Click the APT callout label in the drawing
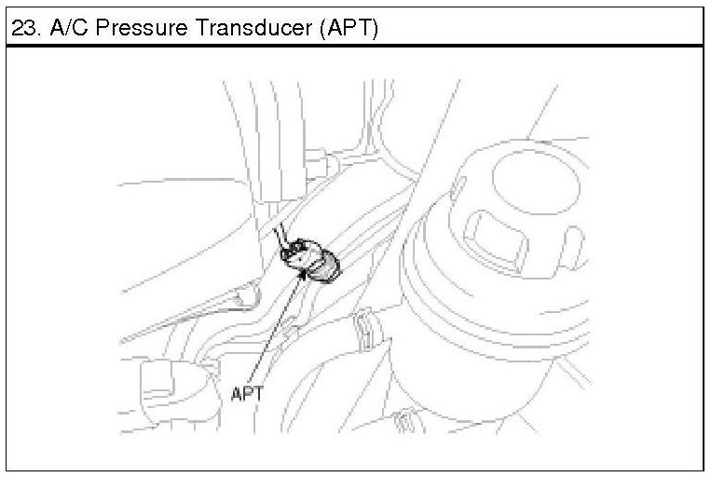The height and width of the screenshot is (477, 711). [x=247, y=393]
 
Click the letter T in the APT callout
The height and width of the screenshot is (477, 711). [x=259, y=393]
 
